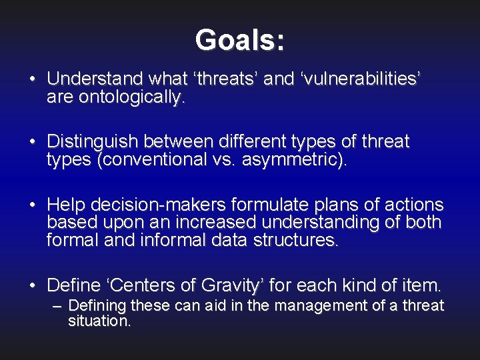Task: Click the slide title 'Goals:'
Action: [x=240, y=40]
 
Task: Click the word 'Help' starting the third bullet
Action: [x=63, y=205]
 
